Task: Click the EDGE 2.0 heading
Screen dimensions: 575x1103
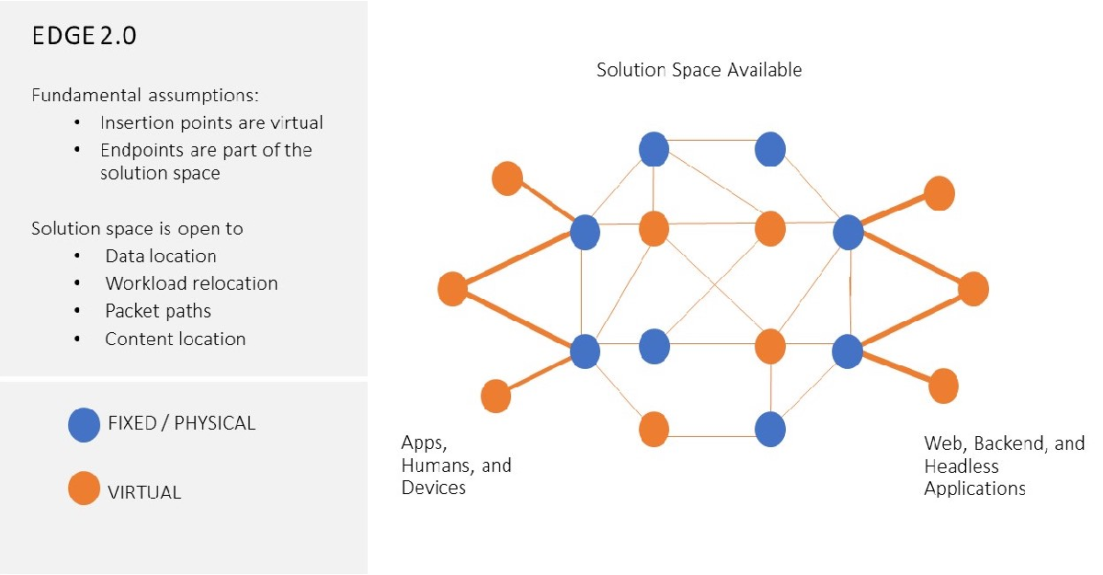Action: click(85, 37)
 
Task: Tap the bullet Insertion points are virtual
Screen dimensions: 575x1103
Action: click(211, 122)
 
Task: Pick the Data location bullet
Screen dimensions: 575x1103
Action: click(161, 256)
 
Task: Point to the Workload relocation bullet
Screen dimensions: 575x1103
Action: click(191, 283)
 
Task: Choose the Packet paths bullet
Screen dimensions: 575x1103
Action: click(158, 311)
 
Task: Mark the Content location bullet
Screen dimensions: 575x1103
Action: click(175, 339)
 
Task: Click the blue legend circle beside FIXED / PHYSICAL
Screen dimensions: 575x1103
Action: click(84, 425)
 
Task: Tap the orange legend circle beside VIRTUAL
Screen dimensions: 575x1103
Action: click(84, 489)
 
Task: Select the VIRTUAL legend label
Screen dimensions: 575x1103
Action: click(144, 491)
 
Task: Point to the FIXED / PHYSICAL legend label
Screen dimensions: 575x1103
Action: click(181, 423)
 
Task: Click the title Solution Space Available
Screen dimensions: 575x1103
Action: click(699, 70)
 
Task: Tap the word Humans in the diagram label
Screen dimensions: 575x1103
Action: click(435, 466)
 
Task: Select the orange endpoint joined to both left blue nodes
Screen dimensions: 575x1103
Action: click(452, 289)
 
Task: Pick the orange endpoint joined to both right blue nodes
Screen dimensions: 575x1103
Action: click(972, 289)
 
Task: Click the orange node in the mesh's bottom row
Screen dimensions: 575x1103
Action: click(654, 429)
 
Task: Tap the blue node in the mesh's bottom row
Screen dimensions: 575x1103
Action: click(769, 429)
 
